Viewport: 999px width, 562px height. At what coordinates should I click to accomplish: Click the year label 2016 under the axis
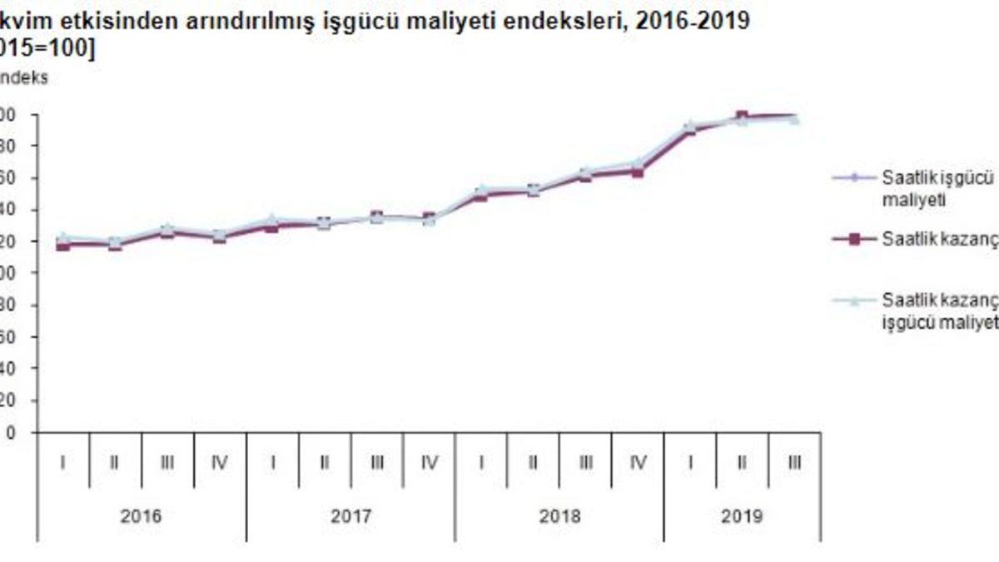tap(142, 516)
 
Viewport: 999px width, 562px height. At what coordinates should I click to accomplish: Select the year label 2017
tap(350, 516)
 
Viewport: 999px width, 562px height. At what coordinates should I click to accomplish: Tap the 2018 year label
tap(559, 516)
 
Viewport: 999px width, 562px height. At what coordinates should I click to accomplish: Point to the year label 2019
tap(743, 516)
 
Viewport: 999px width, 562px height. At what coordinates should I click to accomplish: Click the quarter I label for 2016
tap(63, 463)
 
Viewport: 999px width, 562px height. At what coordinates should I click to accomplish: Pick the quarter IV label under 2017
tap(429, 463)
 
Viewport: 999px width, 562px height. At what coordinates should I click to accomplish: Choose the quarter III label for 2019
tap(794, 463)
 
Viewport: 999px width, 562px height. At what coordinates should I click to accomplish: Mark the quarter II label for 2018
tap(533, 463)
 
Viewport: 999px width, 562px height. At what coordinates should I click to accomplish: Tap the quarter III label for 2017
tap(376, 463)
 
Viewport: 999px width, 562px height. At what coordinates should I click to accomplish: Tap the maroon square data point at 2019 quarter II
tap(742, 117)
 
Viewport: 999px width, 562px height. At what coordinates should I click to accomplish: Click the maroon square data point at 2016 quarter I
tap(63, 245)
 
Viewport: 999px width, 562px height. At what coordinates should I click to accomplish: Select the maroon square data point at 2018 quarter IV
tap(638, 172)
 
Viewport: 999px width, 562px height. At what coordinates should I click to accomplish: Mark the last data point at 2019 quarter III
tap(794, 118)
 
